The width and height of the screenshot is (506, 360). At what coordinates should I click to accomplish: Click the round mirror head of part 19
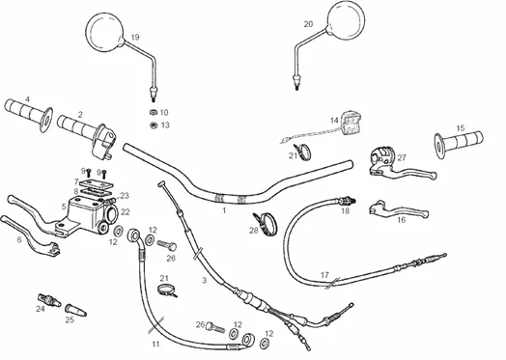click(105, 32)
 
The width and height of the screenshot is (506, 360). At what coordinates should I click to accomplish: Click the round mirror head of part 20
click(346, 20)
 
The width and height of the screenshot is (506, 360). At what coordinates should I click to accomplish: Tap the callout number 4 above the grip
click(28, 99)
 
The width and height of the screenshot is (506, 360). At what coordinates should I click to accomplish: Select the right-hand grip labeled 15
click(459, 143)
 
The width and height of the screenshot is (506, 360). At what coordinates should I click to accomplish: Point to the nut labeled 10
click(154, 112)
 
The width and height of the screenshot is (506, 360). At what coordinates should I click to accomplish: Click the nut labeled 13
click(154, 125)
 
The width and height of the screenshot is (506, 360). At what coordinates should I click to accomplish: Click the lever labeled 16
click(398, 210)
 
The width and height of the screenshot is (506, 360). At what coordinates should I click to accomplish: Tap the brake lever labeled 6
click(30, 235)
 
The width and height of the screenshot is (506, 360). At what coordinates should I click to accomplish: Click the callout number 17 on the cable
click(324, 275)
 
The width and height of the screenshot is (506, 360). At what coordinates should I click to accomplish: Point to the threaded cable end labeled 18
click(346, 201)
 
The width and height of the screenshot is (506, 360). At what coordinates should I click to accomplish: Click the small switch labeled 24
click(49, 299)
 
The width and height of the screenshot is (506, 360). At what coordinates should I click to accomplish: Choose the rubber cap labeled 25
click(76, 310)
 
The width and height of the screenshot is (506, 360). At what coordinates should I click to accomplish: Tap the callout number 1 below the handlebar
click(224, 210)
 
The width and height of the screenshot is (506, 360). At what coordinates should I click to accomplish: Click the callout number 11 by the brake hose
click(155, 345)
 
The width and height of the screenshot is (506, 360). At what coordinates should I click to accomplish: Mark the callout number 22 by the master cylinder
click(126, 212)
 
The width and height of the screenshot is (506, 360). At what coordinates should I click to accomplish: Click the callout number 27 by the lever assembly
click(402, 157)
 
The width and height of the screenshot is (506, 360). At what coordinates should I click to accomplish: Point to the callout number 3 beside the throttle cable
click(205, 280)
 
